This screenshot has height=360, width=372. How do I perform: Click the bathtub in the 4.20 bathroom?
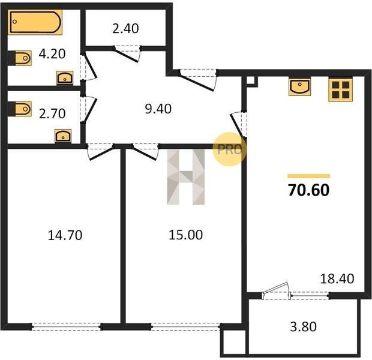click(35, 22)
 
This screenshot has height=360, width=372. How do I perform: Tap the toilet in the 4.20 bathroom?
click(20, 58)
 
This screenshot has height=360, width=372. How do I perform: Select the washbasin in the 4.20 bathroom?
click(65, 77)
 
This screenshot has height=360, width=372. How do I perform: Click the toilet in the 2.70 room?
click(20, 109)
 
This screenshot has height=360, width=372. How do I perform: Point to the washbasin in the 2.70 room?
click(63, 136)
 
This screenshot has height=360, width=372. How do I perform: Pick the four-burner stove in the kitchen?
click(340, 89)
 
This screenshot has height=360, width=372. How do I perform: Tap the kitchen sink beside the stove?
click(299, 87)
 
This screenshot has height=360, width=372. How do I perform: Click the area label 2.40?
click(125, 28)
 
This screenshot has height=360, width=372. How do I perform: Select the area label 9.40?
click(158, 109)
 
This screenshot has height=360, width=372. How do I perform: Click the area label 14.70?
click(65, 235)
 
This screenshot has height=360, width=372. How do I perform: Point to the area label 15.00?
click(186, 235)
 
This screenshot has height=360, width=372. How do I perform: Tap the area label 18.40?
click(337, 278)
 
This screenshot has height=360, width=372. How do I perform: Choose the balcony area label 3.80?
click(303, 326)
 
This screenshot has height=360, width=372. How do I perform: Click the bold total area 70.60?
click(308, 190)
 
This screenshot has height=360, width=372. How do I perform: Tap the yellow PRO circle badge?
click(229, 149)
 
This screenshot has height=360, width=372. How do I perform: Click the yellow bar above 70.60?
click(308, 176)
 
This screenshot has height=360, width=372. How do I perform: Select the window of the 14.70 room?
click(67, 327)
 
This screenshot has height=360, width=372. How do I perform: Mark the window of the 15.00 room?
click(186, 327)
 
